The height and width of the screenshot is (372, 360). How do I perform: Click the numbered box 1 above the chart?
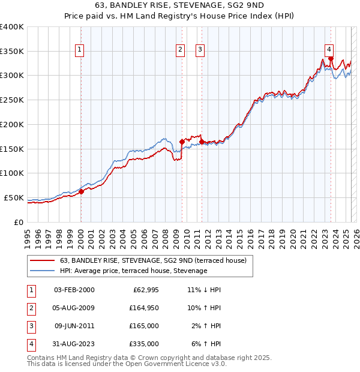tap(80, 50)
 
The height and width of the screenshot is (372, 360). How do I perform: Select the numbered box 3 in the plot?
tap(200, 50)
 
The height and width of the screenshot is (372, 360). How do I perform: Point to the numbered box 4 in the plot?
tap(329, 50)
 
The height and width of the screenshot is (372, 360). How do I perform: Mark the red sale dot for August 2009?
tap(182, 142)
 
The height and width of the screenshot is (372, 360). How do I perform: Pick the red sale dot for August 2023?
tap(331, 59)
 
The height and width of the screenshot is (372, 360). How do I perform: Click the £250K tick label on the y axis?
tap(12, 100)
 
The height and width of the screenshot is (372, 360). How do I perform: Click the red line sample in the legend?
tap(41, 260)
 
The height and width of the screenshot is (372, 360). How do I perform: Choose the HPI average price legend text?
tap(133, 271)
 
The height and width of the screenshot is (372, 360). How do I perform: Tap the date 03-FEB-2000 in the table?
tap(74, 290)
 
